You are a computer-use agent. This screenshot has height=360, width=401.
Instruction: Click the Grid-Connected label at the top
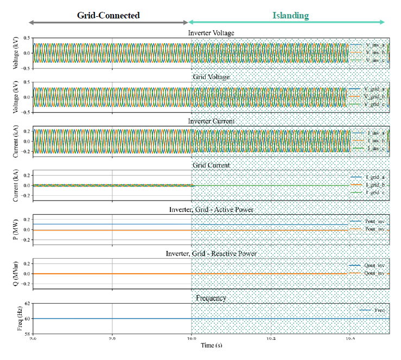coord(109,15)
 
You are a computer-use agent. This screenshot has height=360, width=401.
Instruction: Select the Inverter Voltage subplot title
coord(211,33)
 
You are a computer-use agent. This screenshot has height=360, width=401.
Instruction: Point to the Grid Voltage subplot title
coord(211,77)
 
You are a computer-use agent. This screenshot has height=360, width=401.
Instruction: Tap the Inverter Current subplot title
coord(211,121)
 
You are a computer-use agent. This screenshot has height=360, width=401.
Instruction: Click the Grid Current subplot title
coord(211,165)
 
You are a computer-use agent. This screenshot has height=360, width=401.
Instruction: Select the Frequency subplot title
coord(211,298)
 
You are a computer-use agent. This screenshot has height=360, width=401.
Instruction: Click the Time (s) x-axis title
coord(211,345)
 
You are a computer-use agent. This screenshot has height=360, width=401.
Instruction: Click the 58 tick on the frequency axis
coord(27,333)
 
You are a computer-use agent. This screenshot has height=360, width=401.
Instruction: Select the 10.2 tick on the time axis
coord(271,338)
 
